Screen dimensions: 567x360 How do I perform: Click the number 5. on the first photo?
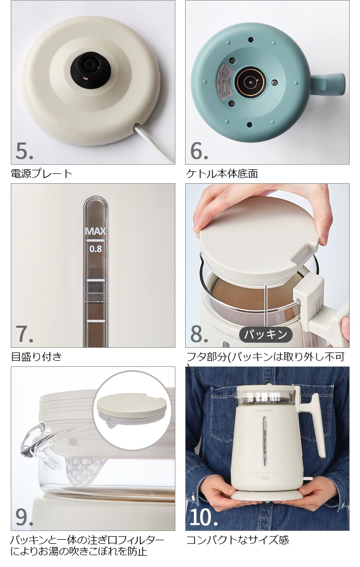(x=25, y=150)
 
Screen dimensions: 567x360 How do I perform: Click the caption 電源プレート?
(x=42, y=173)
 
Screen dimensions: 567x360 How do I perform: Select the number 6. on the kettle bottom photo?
(x=200, y=150)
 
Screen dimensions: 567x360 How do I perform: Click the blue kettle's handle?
(x=329, y=82)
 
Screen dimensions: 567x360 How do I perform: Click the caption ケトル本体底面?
(x=222, y=173)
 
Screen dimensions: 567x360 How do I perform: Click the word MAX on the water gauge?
(x=95, y=231)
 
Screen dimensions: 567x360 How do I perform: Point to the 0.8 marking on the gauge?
(x=96, y=249)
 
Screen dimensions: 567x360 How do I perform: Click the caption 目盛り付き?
(x=36, y=356)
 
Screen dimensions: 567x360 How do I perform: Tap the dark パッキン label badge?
(x=265, y=334)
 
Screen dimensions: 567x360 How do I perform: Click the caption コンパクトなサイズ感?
(x=237, y=539)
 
